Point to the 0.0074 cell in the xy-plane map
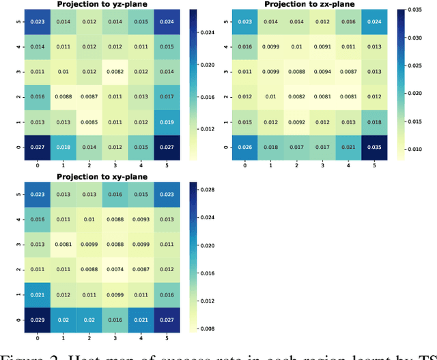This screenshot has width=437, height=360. [114, 270]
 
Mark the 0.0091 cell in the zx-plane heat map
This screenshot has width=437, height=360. [322, 46]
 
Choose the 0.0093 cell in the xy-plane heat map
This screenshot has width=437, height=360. [141, 219]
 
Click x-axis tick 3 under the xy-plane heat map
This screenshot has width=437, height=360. [114, 337]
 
